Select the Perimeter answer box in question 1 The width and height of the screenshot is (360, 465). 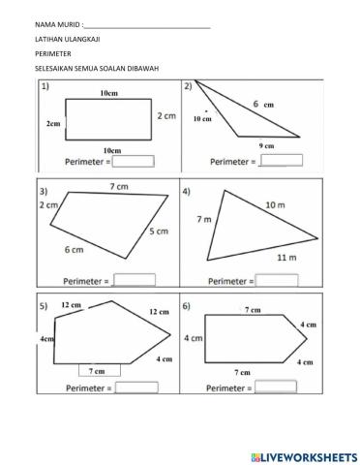(x=134, y=163)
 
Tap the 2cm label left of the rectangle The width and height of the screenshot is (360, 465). (x=52, y=125)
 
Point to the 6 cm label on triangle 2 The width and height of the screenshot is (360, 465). (x=261, y=104)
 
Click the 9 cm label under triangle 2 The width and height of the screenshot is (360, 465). (x=267, y=145)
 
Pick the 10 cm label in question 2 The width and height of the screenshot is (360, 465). (x=201, y=118)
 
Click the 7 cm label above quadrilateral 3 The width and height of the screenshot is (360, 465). (x=119, y=186)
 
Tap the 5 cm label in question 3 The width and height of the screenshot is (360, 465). (x=160, y=232)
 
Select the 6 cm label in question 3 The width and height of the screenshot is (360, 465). (x=74, y=250)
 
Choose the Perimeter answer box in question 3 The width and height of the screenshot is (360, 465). (x=135, y=280)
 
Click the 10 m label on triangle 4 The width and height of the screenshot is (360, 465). (x=275, y=204)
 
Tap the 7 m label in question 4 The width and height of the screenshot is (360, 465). (x=203, y=220)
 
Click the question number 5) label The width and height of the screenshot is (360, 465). (x=44, y=305)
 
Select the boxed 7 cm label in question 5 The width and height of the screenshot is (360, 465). (x=97, y=370)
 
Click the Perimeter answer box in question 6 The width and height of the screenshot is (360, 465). (x=276, y=386)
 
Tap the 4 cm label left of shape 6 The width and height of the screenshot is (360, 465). (x=193, y=338)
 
